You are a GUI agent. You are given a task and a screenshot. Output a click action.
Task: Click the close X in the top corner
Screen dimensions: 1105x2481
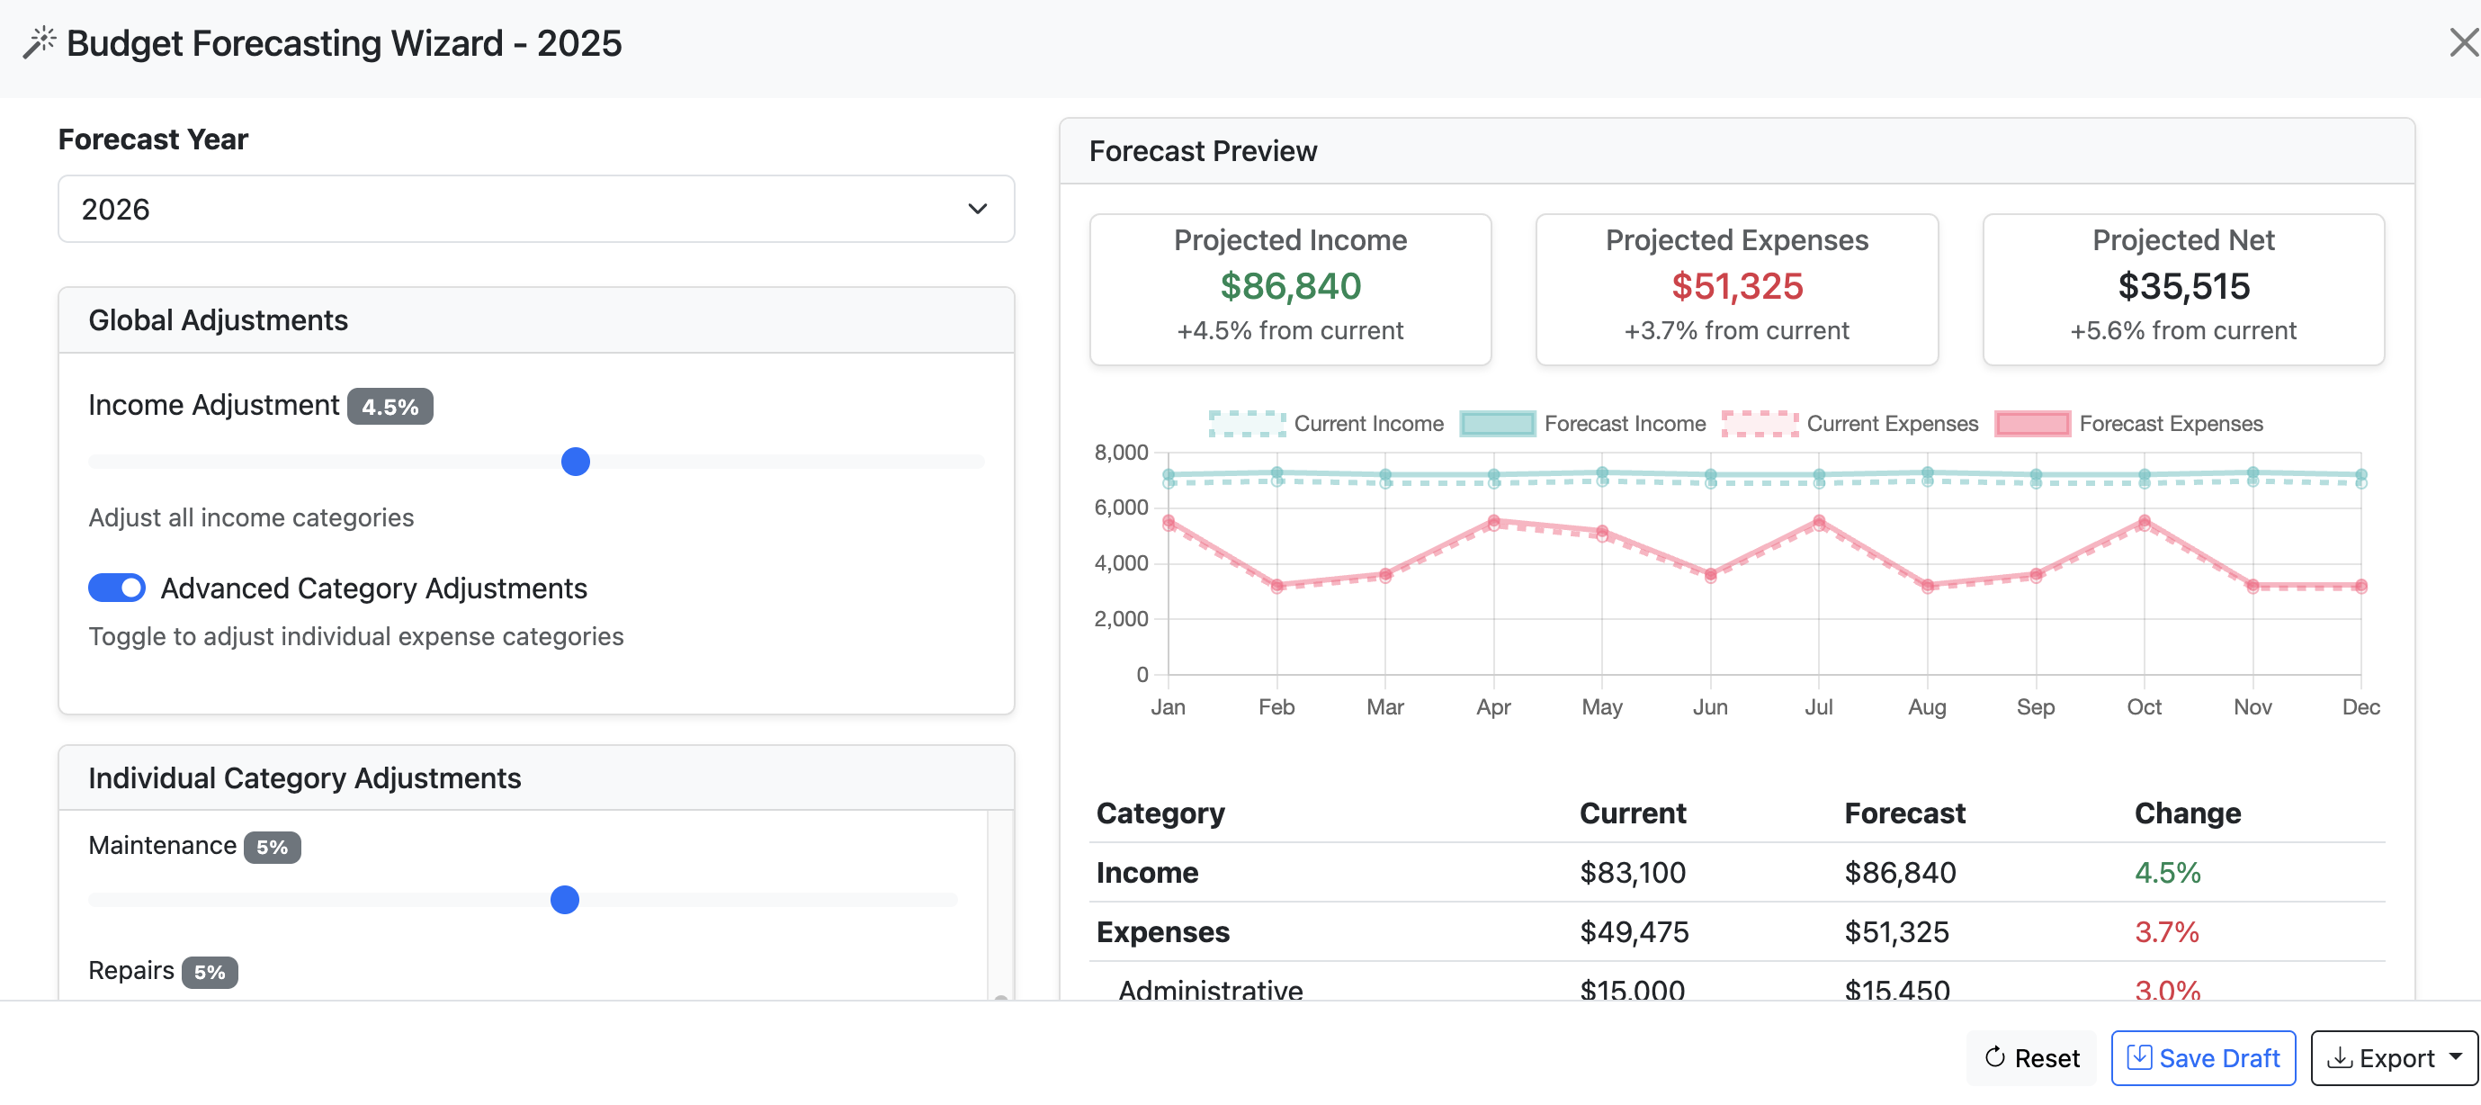(x=2462, y=42)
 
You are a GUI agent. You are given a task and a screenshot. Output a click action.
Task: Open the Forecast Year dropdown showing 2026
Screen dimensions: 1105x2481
(x=535, y=209)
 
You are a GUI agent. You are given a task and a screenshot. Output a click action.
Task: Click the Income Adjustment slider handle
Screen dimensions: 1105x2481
(x=575, y=462)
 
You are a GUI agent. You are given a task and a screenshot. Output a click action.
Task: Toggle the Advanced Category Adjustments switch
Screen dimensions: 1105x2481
(x=117, y=588)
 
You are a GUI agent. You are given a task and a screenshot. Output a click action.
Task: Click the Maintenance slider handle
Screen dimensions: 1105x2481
(x=564, y=900)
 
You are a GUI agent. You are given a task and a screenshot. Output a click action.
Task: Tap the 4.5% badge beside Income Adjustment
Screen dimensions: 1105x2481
(x=390, y=407)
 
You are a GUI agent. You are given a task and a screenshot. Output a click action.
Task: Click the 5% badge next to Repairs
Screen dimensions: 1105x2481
(x=209, y=972)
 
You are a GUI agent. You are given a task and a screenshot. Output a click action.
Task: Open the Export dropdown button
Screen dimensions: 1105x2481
(x=2394, y=1058)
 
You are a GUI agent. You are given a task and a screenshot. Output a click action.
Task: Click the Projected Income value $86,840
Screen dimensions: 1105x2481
(x=1290, y=286)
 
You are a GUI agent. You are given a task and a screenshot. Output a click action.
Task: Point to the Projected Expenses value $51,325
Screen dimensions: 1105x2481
(x=1735, y=286)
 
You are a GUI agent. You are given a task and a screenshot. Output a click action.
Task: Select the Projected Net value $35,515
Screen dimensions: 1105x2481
(x=2182, y=286)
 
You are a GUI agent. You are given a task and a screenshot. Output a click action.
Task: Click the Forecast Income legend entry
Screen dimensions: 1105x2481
(x=1583, y=424)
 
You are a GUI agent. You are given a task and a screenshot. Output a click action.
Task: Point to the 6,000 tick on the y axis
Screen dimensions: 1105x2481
(x=1121, y=508)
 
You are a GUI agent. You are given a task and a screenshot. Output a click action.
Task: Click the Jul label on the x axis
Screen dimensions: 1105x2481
(x=1818, y=707)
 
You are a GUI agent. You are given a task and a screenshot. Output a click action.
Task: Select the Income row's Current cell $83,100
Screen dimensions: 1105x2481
(x=1633, y=873)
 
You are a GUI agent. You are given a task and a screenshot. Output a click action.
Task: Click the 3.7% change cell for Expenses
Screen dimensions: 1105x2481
(x=2166, y=932)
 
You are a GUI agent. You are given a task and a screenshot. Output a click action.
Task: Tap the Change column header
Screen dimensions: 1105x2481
(x=2187, y=813)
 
